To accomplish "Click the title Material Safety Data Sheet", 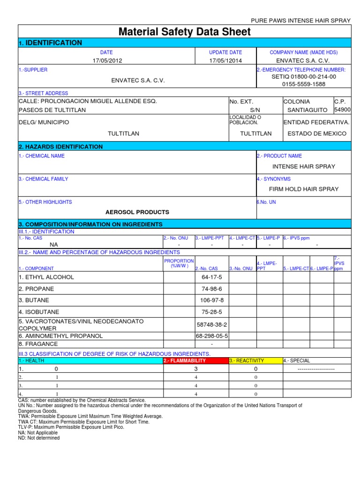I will tap(185, 32).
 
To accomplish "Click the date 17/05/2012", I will tap(106, 61).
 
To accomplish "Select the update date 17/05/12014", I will tap(225, 61).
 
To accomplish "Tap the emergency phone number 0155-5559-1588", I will tap(304, 84).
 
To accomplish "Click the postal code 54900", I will tap(342, 110).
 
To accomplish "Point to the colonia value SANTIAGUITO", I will tap(307, 110).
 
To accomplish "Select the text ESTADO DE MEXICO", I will tap(317, 134).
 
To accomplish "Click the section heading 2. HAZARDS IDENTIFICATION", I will tap(60, 147).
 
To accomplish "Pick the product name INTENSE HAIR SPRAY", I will tap(304, 166).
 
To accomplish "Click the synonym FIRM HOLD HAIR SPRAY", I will tap(304, 189).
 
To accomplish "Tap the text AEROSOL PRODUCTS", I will tap(137, 212).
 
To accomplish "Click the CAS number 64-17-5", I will tap(211, 277).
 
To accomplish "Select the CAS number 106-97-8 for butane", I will tap(211, 300).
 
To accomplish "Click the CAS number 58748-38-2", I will tap(211, 324).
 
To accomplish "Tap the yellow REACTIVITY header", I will tap(247, 361).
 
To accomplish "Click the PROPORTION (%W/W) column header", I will tap(179, 263).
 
